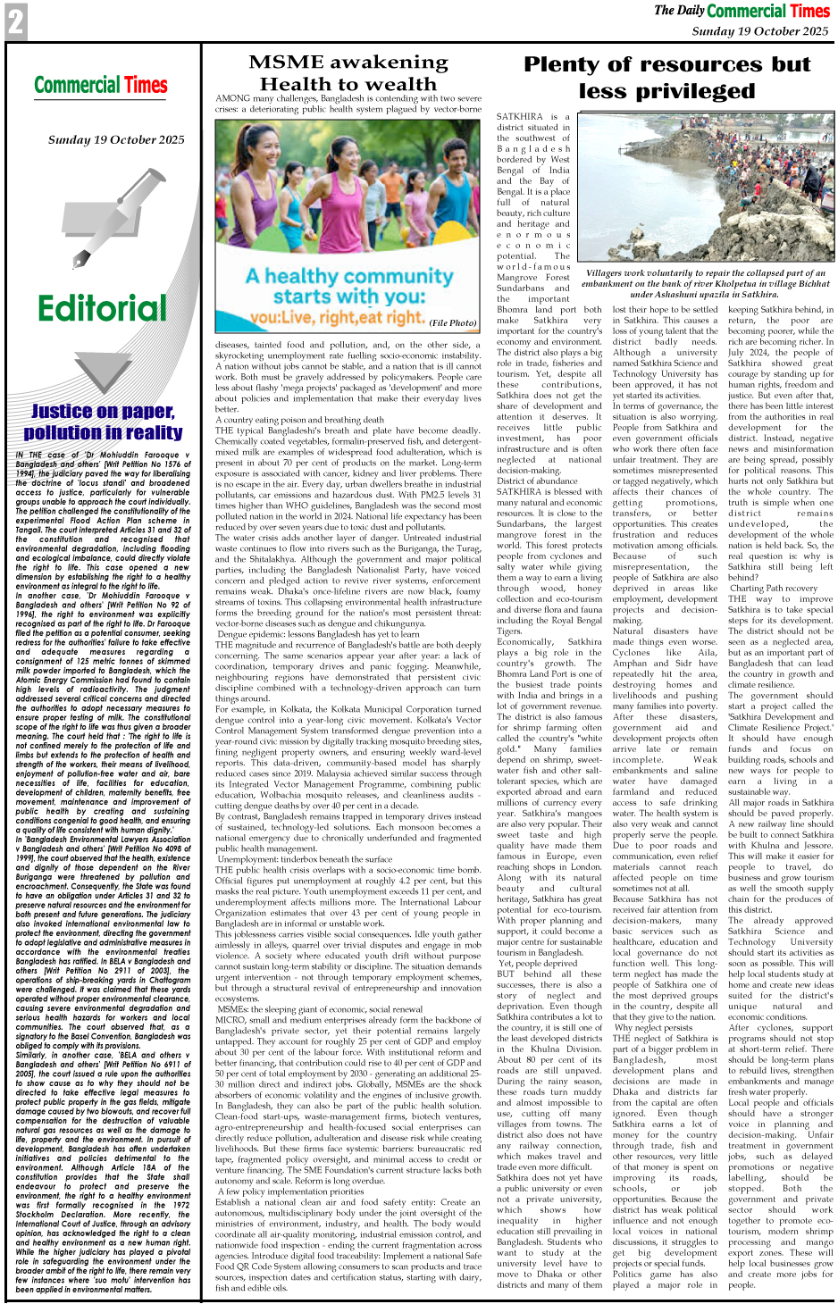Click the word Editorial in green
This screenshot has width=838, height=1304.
(102, 309)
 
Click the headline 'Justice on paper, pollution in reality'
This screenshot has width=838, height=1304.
(103, 422)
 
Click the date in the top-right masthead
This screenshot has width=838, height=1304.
(760, 30)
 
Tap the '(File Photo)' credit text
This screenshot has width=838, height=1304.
(453, 323)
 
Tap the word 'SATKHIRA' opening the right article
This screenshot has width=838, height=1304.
(519, 117)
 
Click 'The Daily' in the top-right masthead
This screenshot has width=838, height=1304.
(678, 11)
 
